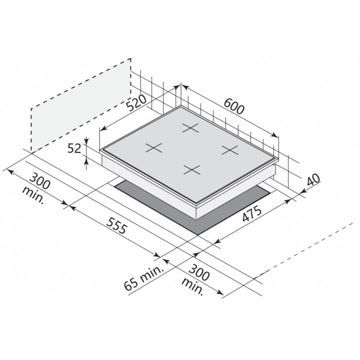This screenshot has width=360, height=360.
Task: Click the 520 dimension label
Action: coord(136,102)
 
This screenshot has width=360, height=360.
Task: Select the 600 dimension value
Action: coord(233,106)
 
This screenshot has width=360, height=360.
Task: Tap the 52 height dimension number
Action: coord(74,148)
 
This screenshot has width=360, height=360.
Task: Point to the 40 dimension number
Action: coord(313,180)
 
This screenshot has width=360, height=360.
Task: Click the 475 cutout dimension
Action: coord(252,213)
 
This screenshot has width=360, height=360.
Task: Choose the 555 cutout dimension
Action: coord(117,226)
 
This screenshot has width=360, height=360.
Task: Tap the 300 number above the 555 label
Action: coord(40,181)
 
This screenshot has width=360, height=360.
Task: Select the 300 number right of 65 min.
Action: coord(199,272)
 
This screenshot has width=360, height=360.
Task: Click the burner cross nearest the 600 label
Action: coord(190,128)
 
